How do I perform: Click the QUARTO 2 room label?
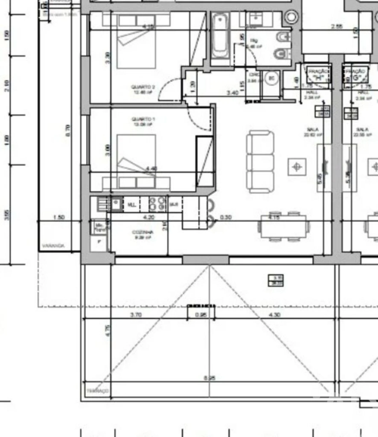(143, 89)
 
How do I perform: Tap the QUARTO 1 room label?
(143, 121)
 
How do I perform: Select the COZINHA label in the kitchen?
(143, 234)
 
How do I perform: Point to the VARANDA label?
(53, 246)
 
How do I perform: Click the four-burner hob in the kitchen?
(157, 204)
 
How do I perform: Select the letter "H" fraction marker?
(318, 78)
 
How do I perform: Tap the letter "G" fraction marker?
(356, 78)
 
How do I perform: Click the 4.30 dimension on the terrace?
(275, 315)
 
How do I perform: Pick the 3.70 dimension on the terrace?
(136, 315)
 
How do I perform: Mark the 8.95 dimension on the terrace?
(209, 378)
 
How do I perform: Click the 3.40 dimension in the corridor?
(232, 93)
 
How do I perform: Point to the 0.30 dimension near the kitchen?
(226, 217)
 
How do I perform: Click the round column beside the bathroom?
(291, 17)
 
